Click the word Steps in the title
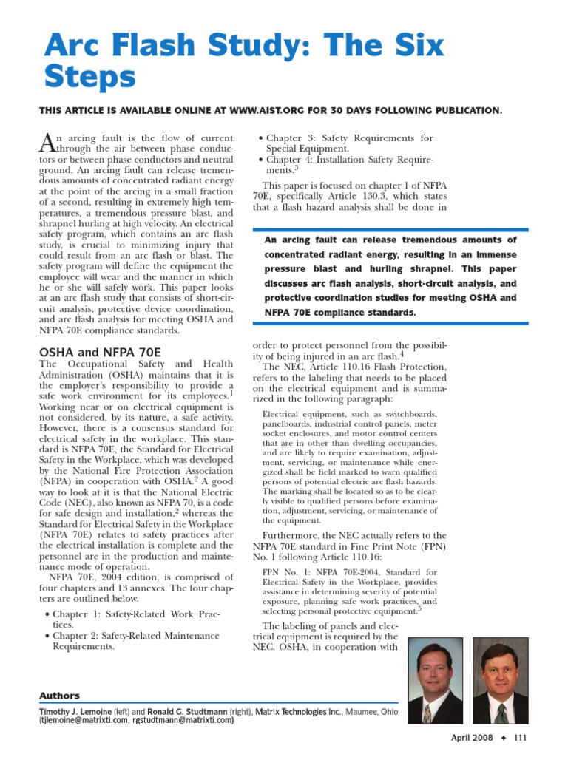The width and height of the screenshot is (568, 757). coord(90,78)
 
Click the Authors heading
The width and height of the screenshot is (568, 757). coord(59,696)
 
